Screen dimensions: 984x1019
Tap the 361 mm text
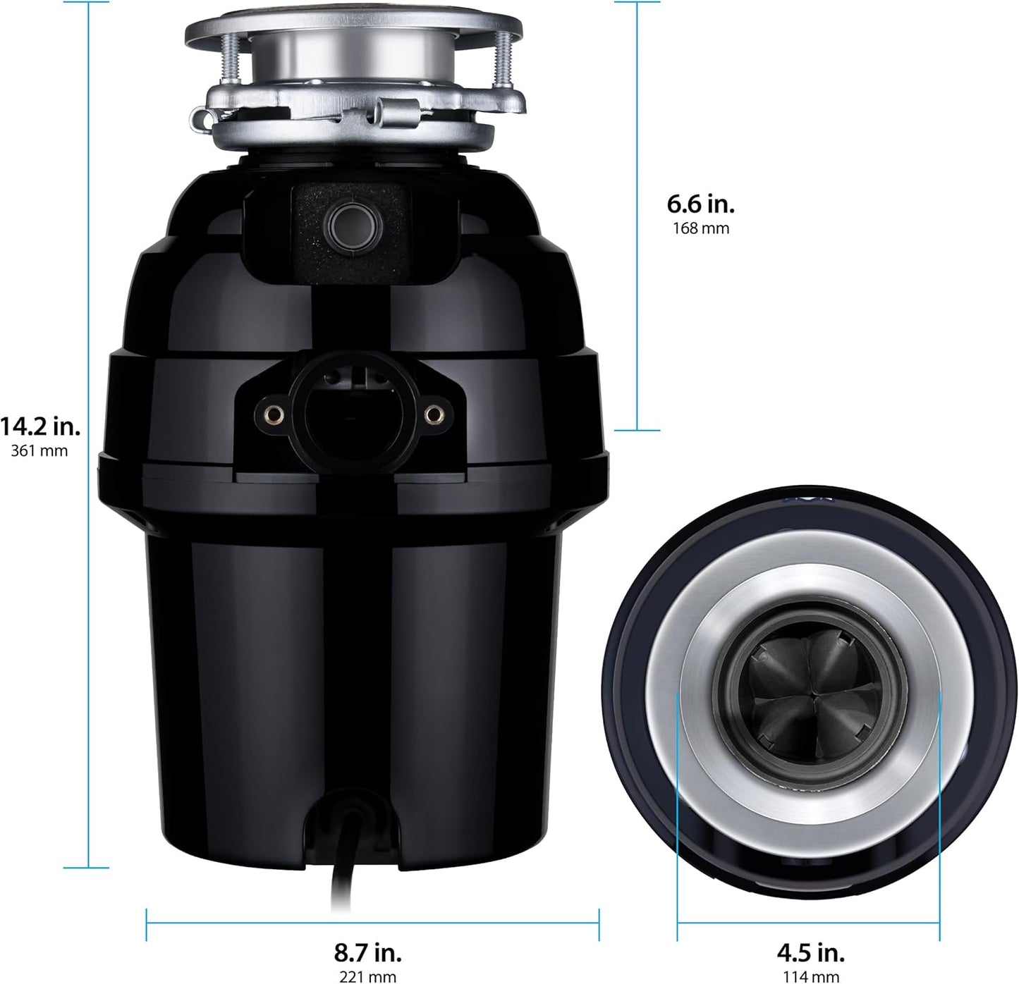(x=40, y=451)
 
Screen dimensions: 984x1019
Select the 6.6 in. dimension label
(x=701, y=204)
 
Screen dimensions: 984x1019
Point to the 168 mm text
(x=701, y=228)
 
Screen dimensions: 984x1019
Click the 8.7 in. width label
(x=368, y=953)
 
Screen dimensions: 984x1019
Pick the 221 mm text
(x=368, y=976)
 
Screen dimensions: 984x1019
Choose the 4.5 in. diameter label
(x=811, y=953)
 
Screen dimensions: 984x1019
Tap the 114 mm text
(x=811, y=976)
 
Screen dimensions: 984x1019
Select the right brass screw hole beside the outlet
(x=432, y=414)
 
